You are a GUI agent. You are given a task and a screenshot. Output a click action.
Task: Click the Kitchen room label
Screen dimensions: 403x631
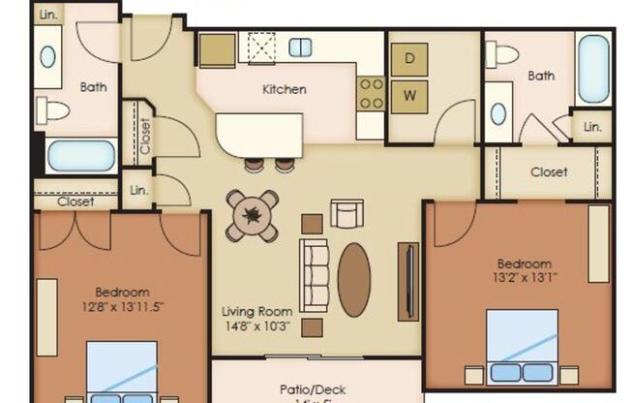(x=285, y=89)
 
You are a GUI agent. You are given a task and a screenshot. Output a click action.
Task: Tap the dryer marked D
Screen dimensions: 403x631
(x=409, y=58)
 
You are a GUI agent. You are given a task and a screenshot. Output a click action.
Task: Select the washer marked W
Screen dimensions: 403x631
(x=409, y=95)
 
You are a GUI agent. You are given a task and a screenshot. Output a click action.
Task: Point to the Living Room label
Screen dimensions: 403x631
(x=256, y=312)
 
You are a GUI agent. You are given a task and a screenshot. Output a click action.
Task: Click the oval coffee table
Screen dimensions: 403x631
(x=354, y=279)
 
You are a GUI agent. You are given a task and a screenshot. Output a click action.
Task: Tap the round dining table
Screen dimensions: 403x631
(x=253, y=216)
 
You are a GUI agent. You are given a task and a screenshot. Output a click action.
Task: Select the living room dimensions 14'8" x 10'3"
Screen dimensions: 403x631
(x=256, y=328)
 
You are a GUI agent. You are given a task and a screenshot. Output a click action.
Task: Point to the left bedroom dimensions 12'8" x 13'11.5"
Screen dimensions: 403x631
(x=122, y=308)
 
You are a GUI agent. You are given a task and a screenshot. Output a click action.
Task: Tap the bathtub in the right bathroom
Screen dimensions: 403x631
(x=594, y=68)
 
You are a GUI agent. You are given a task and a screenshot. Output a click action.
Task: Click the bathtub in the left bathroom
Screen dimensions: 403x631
(x=81, y=156)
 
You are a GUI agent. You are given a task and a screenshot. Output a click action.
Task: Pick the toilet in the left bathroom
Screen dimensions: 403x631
(x=55, y=110)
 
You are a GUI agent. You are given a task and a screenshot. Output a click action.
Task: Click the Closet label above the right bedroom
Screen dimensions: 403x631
(x=549, y=172)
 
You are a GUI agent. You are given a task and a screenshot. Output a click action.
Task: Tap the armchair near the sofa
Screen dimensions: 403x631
(x=346, y=212)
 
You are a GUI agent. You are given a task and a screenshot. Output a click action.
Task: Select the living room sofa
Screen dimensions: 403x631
(x=315, y=276)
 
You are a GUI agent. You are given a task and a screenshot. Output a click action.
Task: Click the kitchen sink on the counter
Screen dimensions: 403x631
(x=300, y=46)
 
